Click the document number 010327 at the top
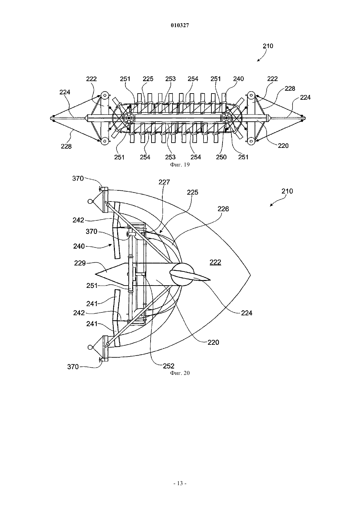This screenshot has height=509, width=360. click(180, 26)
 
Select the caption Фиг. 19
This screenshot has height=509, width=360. click(180, 165)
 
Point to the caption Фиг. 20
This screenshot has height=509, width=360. click(180, 373)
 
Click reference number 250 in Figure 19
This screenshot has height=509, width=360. click(221, 157)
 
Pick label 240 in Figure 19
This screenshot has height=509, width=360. click(238, 79)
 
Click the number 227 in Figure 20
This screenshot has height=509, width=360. click(164, 182)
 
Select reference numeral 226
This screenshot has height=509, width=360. click(223, 209)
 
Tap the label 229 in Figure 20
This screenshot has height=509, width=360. click(80, 263)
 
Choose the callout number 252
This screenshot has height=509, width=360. click(169, 366)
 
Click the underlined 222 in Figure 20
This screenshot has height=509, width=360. click(215, 262)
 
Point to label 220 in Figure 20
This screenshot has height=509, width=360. click(213, 342)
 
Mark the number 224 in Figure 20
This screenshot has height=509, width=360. click(246, 313)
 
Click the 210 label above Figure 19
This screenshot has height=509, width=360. click(268, 46)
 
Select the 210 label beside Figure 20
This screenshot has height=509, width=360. click(287, 191)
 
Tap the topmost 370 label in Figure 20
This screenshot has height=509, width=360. click(78, 178)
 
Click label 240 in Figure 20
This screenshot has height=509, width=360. click(79, 246)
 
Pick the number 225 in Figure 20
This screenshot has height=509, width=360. click(192, 192)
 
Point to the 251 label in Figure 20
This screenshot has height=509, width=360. click(92, 285)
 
